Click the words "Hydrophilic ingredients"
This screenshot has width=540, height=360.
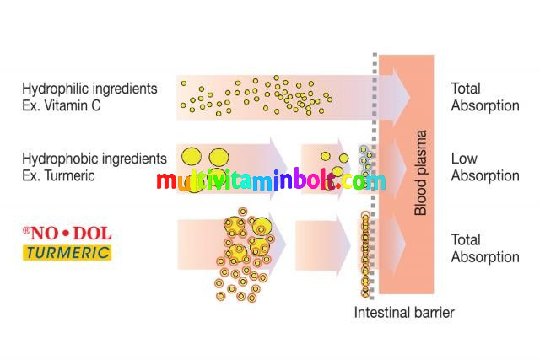pos(90,88)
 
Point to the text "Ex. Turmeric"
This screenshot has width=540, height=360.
pos(59,175)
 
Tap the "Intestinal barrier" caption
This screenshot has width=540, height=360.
pos(404,313)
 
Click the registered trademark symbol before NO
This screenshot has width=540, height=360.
pos(27,229)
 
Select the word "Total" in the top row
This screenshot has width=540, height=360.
pos(466,88)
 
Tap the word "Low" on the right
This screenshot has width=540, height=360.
pos(464,159)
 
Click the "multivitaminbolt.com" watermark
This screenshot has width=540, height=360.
pos(270,181)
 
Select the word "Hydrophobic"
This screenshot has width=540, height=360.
pos(58,159)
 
